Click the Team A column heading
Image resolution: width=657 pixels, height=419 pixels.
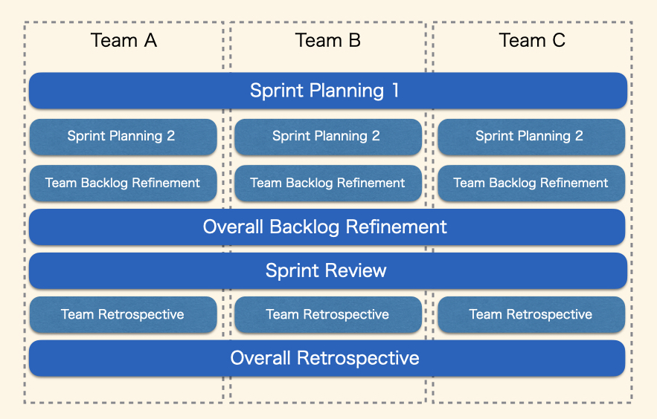(x=124, y=41)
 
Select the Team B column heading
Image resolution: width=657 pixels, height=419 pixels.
(x=327, y=41)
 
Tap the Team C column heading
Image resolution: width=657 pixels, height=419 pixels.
(x=532, y=41)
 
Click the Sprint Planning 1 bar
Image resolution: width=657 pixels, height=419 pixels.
(x=328, y=91)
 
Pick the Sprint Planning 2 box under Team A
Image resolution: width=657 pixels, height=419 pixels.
(x=124, y=137)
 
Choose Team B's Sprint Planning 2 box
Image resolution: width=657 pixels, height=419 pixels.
(x=328, y=137)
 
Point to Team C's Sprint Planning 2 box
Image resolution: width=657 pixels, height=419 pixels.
(x=531, y=137)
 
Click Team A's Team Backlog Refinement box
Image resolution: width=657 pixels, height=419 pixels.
(x=124, y=183)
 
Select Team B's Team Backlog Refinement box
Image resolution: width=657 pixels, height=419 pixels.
(x=328, y=183)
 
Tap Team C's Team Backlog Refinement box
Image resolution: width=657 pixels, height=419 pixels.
(x=531, y=183)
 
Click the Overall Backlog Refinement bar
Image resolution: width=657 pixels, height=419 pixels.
(x=327, y=227)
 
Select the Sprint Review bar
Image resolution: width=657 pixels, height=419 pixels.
(x=328, y=270)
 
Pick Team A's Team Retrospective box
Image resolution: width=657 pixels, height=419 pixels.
(x=124, y=315)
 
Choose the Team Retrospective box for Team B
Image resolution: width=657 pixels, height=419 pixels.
(x=328, y=315)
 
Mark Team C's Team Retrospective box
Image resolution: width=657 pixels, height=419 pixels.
(x=531, y=315)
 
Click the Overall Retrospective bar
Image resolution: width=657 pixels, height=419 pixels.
(x=327, y=358)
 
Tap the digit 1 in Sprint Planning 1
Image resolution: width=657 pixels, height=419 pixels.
(x=395, y=91)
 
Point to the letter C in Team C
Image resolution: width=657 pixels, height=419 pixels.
(x=559, y=41)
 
